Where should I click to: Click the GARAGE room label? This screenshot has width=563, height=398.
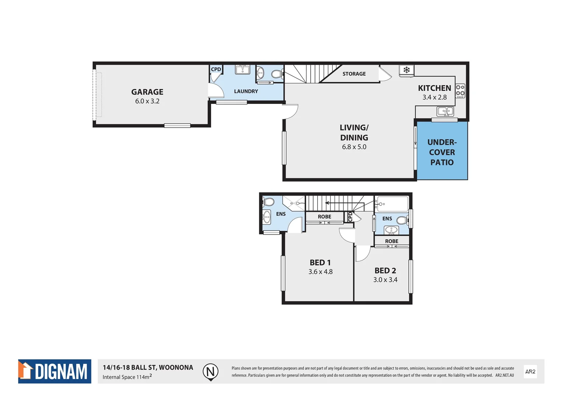147,92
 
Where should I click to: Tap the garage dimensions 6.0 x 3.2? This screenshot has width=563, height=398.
147,101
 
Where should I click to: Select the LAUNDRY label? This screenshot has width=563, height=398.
246,91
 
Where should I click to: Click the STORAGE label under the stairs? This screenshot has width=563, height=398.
354,74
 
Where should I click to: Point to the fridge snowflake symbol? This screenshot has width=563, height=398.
406,70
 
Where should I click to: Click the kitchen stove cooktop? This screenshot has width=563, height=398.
460,91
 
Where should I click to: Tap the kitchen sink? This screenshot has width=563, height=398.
445,111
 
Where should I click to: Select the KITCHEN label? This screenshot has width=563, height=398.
434,88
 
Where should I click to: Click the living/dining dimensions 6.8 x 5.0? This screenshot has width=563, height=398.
354,147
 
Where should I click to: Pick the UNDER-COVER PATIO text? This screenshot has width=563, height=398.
442,152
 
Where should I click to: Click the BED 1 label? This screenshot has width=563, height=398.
320,263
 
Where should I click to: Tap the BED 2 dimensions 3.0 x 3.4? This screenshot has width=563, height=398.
385,280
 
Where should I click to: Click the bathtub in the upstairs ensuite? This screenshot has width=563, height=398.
393,204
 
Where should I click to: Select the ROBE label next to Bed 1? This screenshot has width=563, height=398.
324,217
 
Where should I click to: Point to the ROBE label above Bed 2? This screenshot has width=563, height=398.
391,241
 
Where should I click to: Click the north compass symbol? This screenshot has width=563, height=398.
210,371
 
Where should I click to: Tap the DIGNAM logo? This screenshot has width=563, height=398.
55,371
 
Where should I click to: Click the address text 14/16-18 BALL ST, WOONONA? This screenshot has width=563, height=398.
148,367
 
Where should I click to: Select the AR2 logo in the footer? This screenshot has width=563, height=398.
530,371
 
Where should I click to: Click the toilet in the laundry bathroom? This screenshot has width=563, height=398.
276,74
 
